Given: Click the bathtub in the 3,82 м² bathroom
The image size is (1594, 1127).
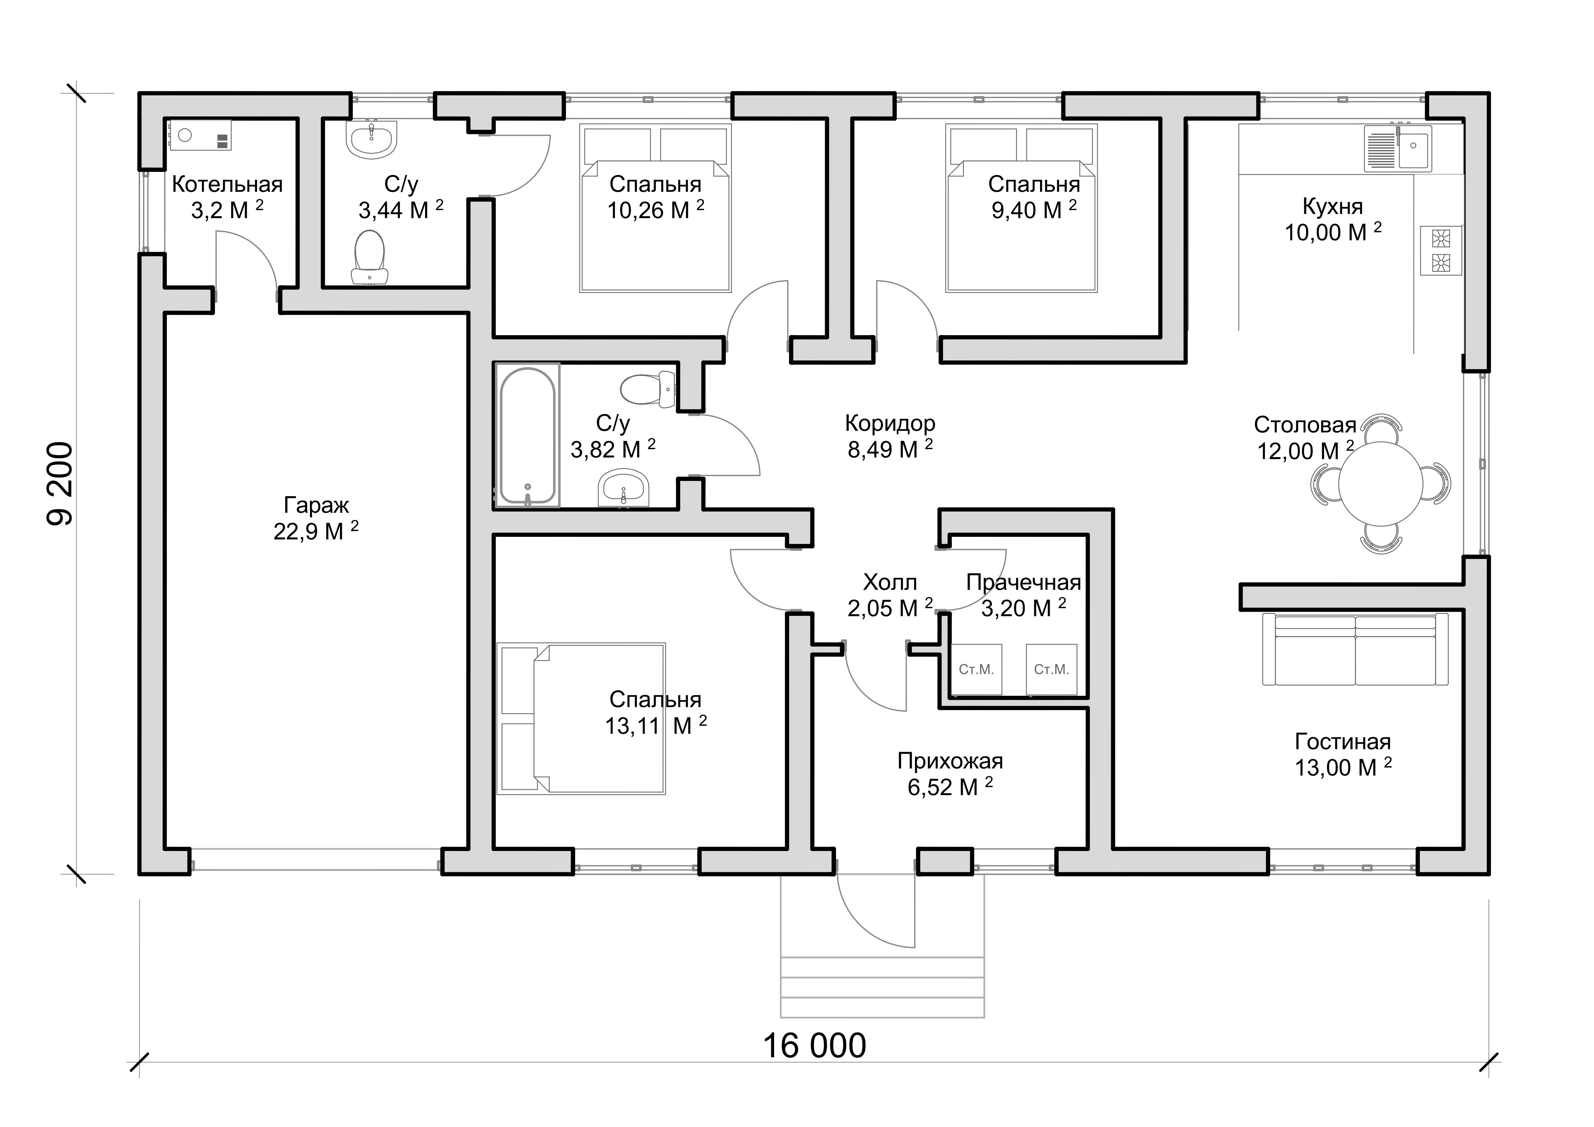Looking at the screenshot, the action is coord(528,435).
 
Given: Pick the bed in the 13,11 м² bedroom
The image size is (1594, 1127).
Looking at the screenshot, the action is coord(581,718).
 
